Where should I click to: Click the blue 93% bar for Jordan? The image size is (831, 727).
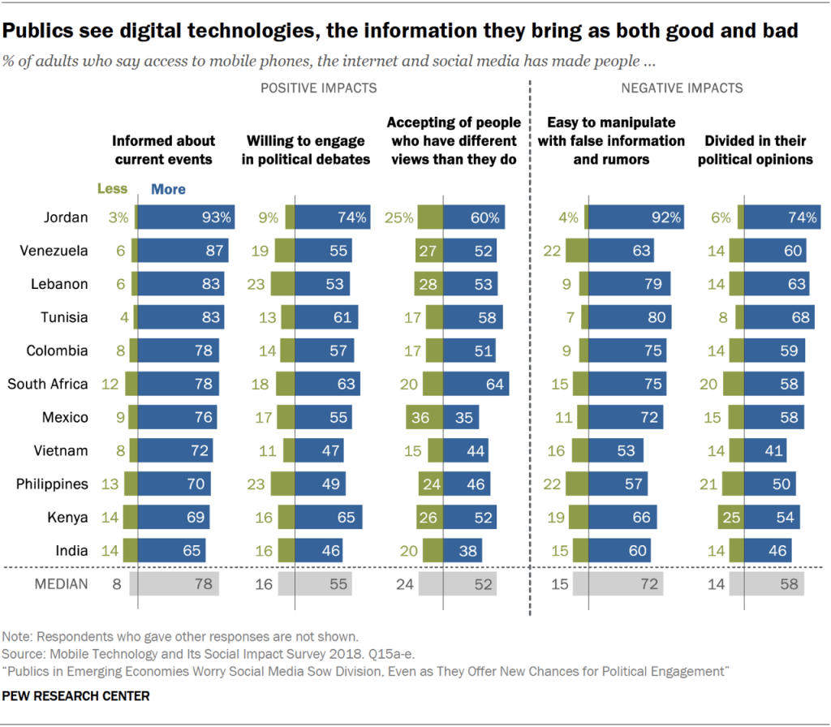pyautogui.click(x=186, y=217)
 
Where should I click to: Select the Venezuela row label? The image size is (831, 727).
pyautogui.click(x=54, y=251)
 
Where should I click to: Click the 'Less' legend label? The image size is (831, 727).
pyautogui.click(x=112, y=188)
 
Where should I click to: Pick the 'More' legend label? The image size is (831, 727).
pyautogui.click(x=168, y=188)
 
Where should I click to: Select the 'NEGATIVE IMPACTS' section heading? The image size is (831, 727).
pyautogui.click(x=682, y=88)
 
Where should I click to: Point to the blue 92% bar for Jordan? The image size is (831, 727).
pyautogui.click(x=635, y=217)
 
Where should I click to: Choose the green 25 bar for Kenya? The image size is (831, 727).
pyautogui.click(x=730, y=517)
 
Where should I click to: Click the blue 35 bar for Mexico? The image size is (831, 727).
pyautogui.click(x=461, y=417)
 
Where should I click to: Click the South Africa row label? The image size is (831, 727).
pyautogui.click(x=48, y=384)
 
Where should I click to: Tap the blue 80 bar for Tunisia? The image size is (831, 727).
pyautogui.click(x=629, y=317)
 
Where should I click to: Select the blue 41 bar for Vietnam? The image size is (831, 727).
pyautogui.click(x=766, y=450)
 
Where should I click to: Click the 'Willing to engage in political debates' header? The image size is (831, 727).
pyautogui.click(x=306, y=150)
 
